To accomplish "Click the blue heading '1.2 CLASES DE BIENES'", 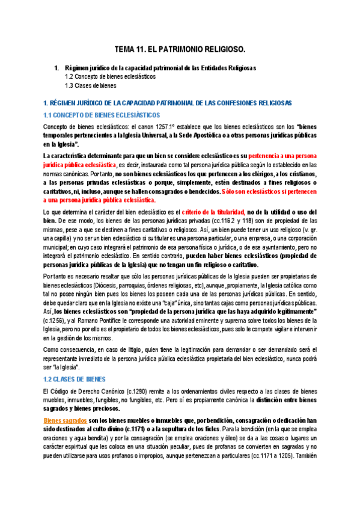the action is tap(75, 379).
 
